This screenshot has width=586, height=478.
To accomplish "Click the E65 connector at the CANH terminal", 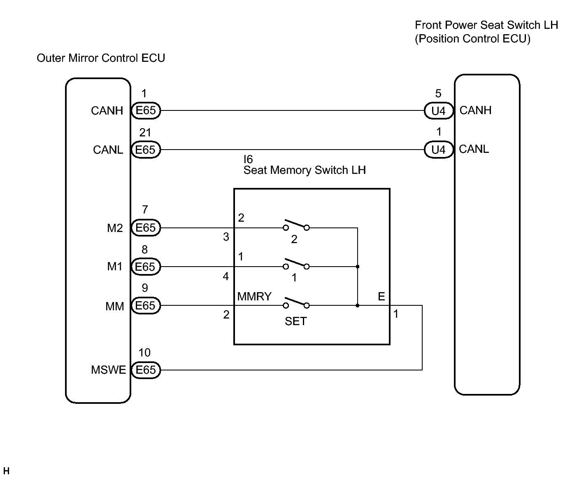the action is pos(146,110).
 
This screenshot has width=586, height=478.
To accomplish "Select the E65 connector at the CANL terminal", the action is pos(146,150).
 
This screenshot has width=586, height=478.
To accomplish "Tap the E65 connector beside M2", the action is pos(146,228).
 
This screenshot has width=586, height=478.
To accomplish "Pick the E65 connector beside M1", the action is pos(146,267).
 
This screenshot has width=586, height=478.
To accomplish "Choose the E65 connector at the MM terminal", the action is pos(146,305).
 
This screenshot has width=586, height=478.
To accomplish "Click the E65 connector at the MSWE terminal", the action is pos(146,370).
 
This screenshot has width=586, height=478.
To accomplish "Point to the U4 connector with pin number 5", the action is pos(439,110).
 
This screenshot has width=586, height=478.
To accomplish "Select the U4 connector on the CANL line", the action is pos(439,150).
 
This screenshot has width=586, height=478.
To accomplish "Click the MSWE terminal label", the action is pos(108,370).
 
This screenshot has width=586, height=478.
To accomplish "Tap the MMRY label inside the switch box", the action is pos(254,296).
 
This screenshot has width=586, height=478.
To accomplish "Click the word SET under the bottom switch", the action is pos(296,321).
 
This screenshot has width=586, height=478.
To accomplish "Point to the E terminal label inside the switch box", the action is pos(381,296).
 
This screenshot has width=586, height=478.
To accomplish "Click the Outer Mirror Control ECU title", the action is pos(101,58).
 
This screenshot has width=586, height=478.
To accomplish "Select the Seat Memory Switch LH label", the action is pos(305,170).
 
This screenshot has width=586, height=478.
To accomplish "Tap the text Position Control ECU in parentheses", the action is pos(472,39).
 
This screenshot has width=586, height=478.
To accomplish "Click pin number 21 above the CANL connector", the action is pos(145,133).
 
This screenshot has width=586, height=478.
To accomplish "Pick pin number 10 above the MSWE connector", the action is pos(144,353).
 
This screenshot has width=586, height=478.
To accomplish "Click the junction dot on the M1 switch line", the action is pos(357,267).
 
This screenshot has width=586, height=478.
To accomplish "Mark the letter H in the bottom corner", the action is pos(6,471).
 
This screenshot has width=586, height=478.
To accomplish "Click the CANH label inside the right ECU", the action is pos(475,110).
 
